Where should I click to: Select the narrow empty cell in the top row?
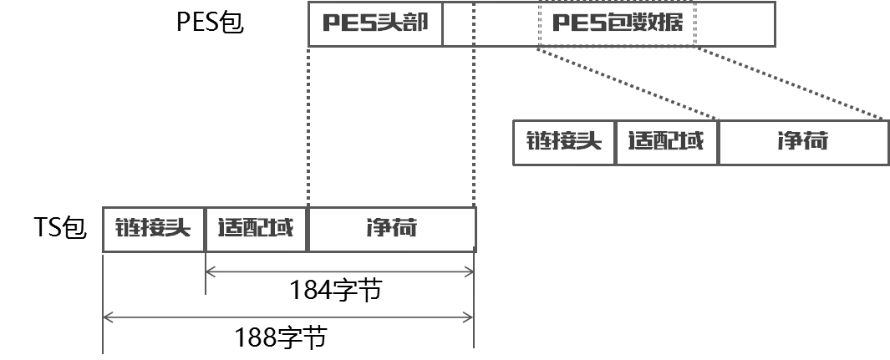458,23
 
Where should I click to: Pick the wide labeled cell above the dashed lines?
618,23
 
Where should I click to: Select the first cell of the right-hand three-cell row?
564,142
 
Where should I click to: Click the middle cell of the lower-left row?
257,226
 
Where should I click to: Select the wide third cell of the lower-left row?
391,226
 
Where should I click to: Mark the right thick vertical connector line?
474,125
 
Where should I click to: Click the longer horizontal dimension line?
288,318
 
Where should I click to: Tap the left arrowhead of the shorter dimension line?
214,271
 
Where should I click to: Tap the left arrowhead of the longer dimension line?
109,318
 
